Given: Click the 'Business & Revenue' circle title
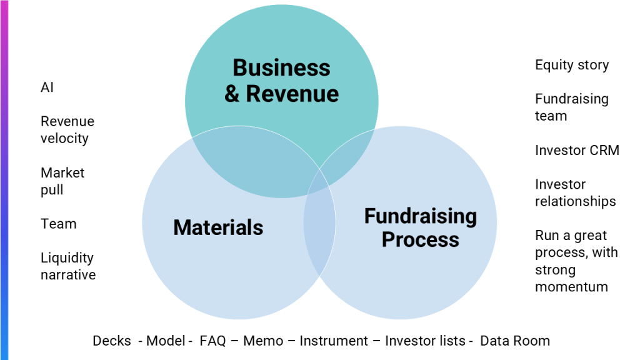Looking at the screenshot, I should click(281, 80).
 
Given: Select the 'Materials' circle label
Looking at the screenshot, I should click(218, 227).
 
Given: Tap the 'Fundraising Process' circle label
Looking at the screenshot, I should click(420, 227).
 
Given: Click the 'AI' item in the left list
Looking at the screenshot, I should click(47, 87).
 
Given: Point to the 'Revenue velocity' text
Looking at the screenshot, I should click(67, 129).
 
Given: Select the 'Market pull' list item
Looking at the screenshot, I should click(62, 181).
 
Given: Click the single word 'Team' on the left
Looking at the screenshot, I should click(59, 224).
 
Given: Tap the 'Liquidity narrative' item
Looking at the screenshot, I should click(68, 266).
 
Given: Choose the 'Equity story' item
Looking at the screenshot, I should click(572, 65).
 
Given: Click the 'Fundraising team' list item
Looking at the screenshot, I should click(571, 107).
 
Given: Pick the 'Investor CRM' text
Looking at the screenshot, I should click(577, 150).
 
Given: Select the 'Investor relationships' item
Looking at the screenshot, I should click(575, 192).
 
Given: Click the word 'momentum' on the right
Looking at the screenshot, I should click(571, 287).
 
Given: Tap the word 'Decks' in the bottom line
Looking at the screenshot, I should click(112, 341).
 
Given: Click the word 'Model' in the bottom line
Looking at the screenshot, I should click(166, 341).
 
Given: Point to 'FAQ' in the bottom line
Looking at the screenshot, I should click(212, 341).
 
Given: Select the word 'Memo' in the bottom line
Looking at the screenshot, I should click(262, 341).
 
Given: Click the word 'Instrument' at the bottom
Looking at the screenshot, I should click(334, 341).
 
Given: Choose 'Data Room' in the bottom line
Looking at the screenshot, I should click(515, 341).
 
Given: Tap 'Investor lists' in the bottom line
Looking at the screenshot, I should click(425, 341).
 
